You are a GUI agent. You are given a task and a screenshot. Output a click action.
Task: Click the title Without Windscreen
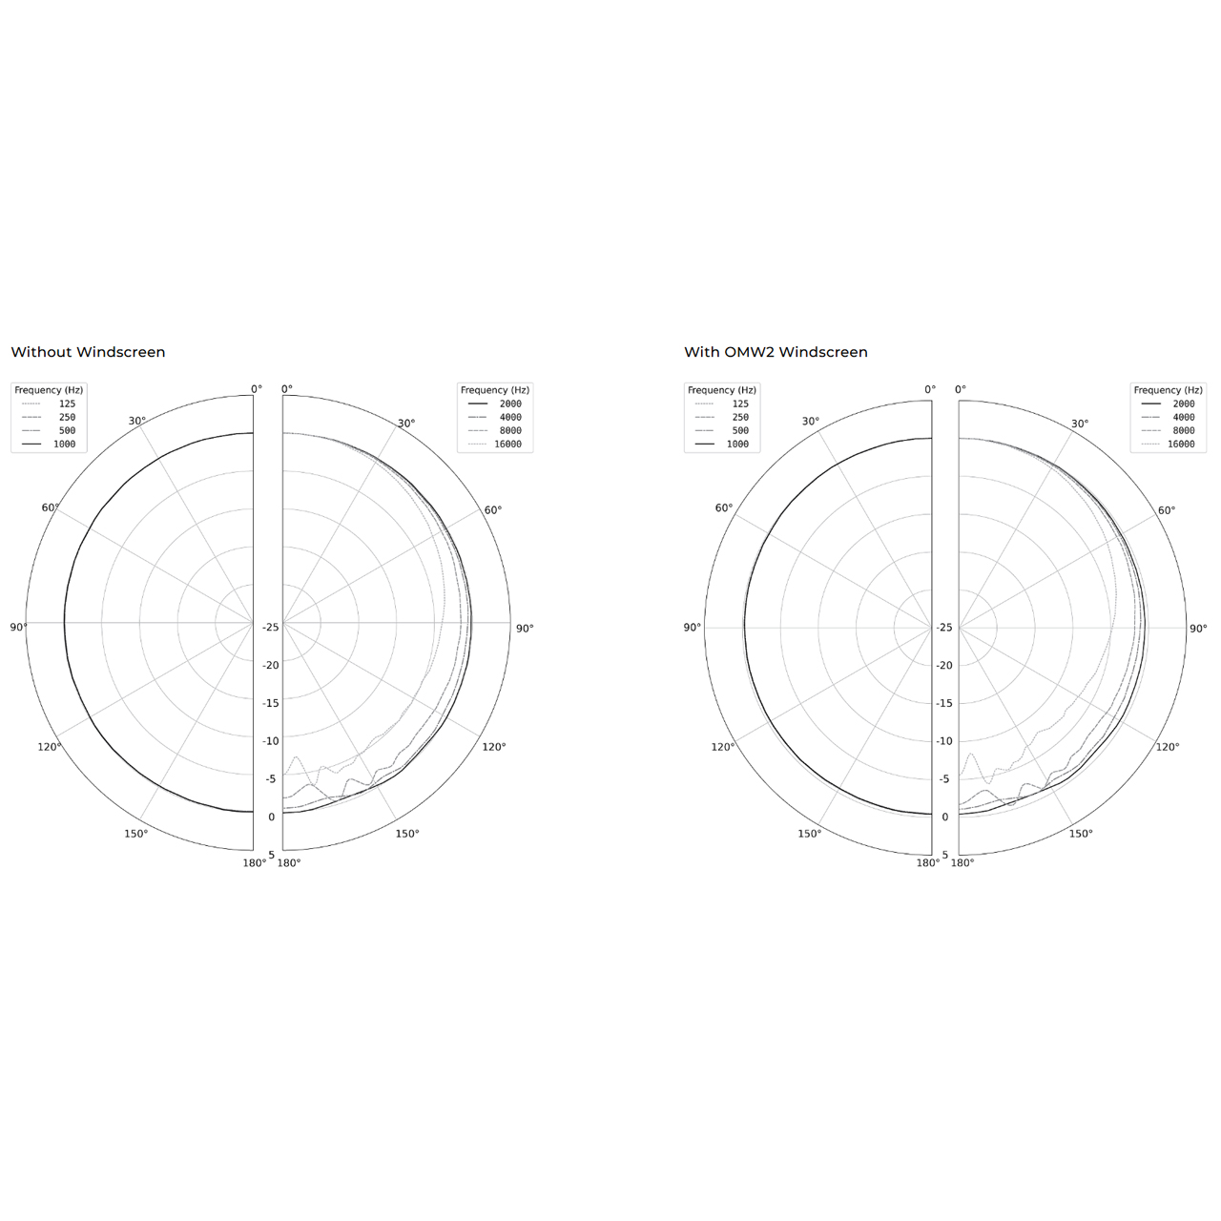pyautogui.click(x=88, y=352)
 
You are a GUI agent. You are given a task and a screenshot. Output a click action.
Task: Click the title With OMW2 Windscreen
pyautogui.click(x=776, y=352)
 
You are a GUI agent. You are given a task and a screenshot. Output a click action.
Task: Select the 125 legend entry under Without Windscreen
pyautogui.click(x=49, y=404)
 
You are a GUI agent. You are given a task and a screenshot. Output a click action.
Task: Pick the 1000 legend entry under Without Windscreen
pyautogui.click(x=49, y=445)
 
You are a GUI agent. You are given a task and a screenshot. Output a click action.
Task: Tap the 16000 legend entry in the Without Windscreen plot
pyautogui.click(x=495, y=445)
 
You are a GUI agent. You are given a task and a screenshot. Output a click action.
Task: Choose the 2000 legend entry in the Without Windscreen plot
pyautogui.click(x=495, y=404)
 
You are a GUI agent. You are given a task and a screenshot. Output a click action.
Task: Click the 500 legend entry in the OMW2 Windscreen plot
pyautogui.click(x=722, y=431)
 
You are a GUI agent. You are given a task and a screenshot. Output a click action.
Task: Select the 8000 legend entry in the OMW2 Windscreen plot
pyautogui.click(x=1168, y=431)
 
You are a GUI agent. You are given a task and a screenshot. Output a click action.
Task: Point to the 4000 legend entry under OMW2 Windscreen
pyautogui.click(x=1168, y=417)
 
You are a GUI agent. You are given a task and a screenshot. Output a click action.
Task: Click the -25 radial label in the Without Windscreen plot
pyautogui.click(x=271, y=628)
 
